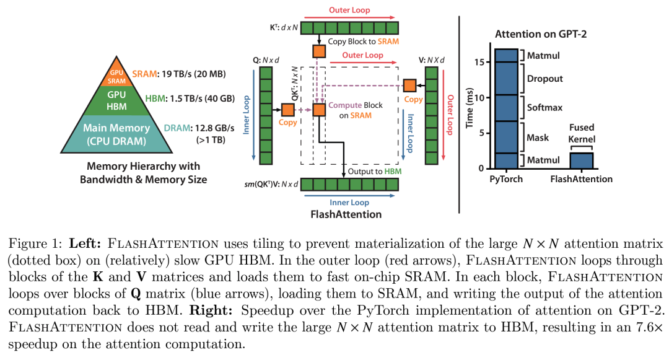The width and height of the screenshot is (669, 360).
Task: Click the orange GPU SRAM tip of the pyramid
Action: pos(116,72)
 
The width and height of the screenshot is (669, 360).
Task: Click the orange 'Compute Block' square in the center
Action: pos(319,110)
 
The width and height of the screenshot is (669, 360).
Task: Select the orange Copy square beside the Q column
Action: pos(287,110)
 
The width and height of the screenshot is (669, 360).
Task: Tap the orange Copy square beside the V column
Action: pos(409,85)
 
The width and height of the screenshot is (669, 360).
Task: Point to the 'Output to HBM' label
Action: pos(374,170)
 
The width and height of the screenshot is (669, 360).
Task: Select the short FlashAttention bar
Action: pos(582,160)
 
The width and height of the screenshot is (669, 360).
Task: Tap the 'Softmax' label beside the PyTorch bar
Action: pos(544,107)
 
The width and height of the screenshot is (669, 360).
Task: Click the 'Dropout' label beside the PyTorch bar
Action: pos(544,79)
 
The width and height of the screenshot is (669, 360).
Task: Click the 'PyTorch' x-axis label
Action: pos(505,179)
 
